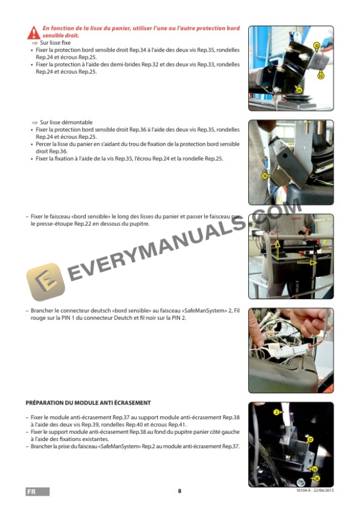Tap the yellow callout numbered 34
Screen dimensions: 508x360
299,91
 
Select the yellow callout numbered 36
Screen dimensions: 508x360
265,175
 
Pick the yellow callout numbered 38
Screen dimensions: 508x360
316,479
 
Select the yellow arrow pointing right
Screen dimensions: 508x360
306,263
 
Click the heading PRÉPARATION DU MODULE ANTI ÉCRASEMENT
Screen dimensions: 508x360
88,403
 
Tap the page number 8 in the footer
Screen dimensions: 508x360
179,492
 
